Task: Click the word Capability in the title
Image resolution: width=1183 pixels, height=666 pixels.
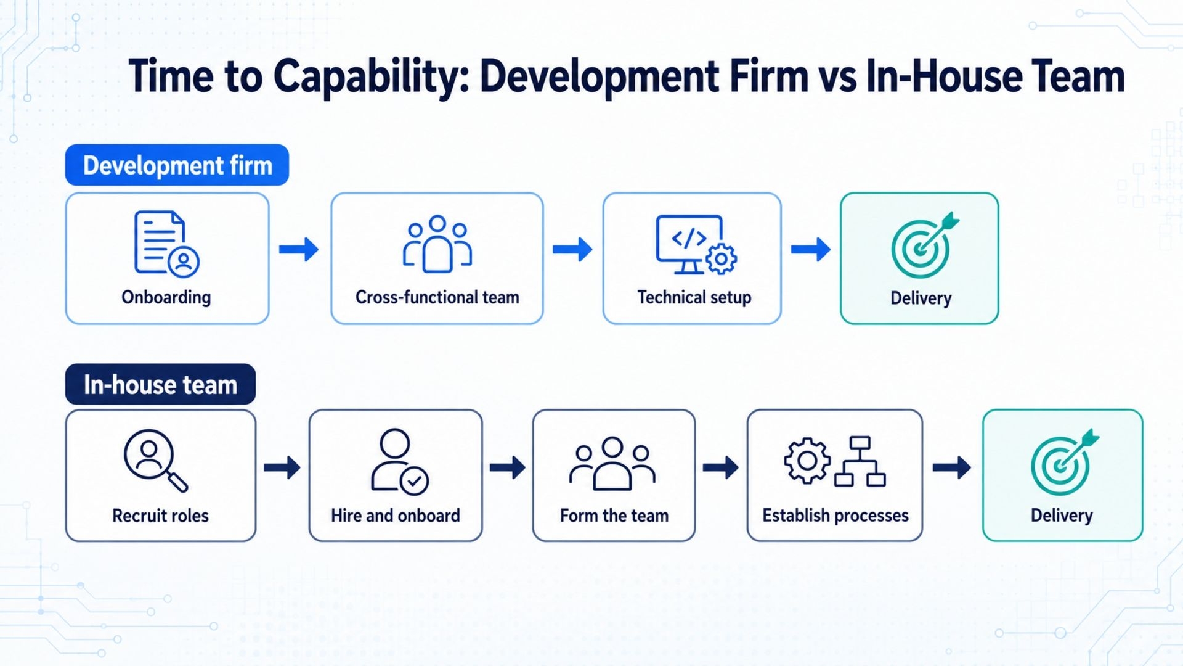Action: (x=371, y=78)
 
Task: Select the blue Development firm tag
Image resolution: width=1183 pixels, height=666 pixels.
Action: (x=177, y=165)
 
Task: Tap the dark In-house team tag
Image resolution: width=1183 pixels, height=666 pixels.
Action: (x=160, y=384)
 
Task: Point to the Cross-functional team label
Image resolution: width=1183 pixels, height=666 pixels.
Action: (x=437, y=297)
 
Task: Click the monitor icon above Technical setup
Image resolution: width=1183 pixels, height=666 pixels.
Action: (x=689, y=244)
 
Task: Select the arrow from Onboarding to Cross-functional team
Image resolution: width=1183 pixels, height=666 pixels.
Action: (x=299, y=249)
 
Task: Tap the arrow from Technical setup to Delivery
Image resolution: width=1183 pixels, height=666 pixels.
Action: (x=811, y=249)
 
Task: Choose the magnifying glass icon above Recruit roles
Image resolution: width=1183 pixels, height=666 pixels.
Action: (x=155, y=460)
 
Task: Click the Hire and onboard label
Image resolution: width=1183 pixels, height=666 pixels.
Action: (x=396, y=516)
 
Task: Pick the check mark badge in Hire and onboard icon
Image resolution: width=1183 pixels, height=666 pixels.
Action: (x=414, y=481)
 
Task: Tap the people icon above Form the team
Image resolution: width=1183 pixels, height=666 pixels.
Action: (x=612, y=464)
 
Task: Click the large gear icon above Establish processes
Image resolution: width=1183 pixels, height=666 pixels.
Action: (x=807, y=460)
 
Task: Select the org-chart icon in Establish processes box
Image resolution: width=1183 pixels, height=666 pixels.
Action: (x=860, y=461)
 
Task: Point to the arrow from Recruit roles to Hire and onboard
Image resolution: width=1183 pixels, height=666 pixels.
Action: (x=282, y=467)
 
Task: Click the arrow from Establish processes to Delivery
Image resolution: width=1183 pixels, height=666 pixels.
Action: (x=952, y=467)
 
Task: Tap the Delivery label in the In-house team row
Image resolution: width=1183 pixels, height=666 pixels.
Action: (x=1062, y=516)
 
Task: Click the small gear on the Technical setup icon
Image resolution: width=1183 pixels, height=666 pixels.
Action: (x=721, y=259)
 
